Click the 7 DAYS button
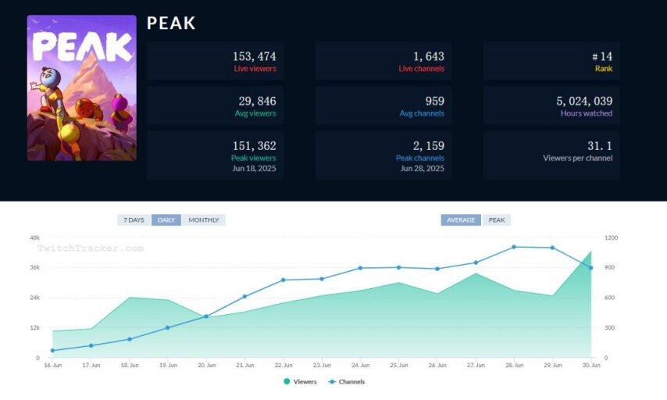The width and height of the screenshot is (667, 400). [x=134, y=220]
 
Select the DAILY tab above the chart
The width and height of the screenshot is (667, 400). [x=166, y=220]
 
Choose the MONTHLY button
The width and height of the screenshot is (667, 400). [x=203, y=220]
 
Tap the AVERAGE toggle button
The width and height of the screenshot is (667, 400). [x=461, y=220]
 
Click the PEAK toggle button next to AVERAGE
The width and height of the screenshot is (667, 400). [x=497, y=220]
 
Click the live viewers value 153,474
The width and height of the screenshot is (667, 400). [x=254, y=56]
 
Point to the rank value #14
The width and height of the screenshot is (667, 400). [x=601, y=56]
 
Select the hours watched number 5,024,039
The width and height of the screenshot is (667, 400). [x=584, y=101]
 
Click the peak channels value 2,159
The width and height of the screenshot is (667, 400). [x=428, y=145]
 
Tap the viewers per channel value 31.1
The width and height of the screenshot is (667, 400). [x=599, y=145]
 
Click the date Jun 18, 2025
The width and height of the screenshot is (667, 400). [x=255, y=168]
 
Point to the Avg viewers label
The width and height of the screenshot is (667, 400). [x=255, y=113]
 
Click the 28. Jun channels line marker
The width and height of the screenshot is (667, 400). [x=514, y=247]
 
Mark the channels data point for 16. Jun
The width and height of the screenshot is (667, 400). [x=52, y=351]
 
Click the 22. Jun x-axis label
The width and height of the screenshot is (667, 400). [x=284, y=365]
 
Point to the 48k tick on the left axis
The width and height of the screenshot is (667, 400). [x=34, y=237]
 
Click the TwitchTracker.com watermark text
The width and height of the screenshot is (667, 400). [x=91, y=248]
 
